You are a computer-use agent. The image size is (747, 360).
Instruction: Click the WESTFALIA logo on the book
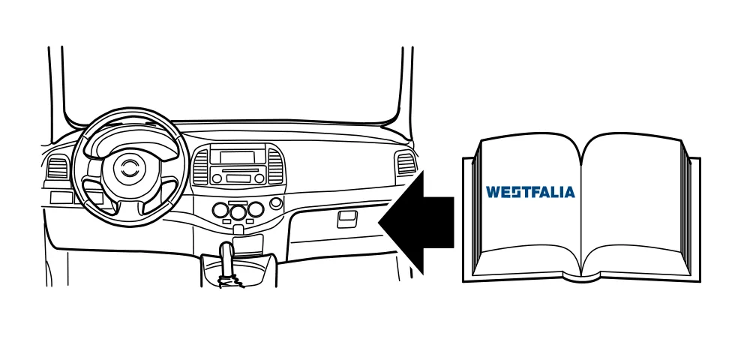click(530, 192)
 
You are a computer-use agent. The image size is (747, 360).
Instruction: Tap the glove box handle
click(348, 220)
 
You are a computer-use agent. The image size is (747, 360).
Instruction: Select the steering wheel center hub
click(127, 168)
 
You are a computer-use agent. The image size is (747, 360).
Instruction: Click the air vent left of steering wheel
click(58, 167)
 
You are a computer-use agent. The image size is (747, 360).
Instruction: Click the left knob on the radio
click(217, 178)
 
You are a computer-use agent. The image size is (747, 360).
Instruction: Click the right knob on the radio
click(259, 178)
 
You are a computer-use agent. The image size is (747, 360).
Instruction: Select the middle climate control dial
click(238, 212)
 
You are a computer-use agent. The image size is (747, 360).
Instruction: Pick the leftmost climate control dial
click(220, 210)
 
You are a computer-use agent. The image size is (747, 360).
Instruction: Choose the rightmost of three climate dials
click(256, 209)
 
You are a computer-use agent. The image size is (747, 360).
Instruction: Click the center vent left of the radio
click(200, 166)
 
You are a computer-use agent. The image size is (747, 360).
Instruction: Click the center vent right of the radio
click(276, 166)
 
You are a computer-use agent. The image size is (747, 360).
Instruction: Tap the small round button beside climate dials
click(276, 203)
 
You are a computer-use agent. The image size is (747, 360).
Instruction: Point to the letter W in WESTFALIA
click(493, 192)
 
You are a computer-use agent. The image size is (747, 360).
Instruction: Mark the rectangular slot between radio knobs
click(238, 178)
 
